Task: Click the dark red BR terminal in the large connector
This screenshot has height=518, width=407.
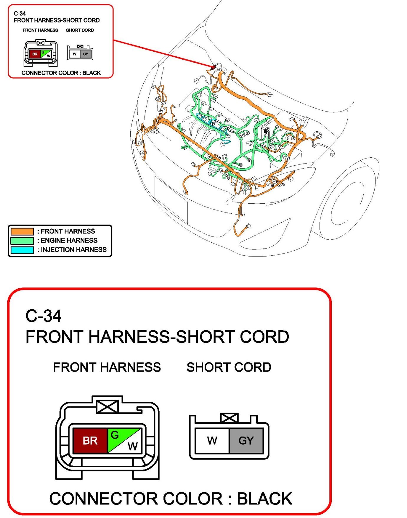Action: tap(90, 440)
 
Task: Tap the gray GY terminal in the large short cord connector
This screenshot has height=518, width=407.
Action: tap(246, 440)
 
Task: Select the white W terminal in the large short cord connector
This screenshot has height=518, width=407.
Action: tap(212, 440)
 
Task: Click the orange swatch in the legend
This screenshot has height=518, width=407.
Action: tap(22, 231)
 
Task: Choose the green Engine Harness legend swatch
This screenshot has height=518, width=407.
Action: tap(22, 241)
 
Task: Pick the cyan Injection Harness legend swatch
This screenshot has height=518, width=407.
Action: tap(22, 250)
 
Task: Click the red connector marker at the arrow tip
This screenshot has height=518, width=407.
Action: tap(214, 67)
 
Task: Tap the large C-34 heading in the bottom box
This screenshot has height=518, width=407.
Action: tap(43, 316)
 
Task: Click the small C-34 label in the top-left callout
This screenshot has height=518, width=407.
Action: tap(20, 13)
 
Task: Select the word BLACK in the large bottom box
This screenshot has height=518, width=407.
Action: tap(264, 499)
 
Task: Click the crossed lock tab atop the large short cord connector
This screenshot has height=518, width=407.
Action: tap(229, 418)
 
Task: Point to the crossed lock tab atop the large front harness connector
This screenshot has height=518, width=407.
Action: tap(107, 406)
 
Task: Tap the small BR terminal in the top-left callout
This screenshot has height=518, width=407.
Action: tap(35, 54)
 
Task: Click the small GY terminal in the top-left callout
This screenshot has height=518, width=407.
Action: tap(86, 54)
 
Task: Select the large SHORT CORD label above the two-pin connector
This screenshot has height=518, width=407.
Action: tap(229, 367)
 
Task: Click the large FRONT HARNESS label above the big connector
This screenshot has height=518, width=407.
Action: tap(107, 367)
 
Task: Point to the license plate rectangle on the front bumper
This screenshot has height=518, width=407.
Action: tap(171, 199)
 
